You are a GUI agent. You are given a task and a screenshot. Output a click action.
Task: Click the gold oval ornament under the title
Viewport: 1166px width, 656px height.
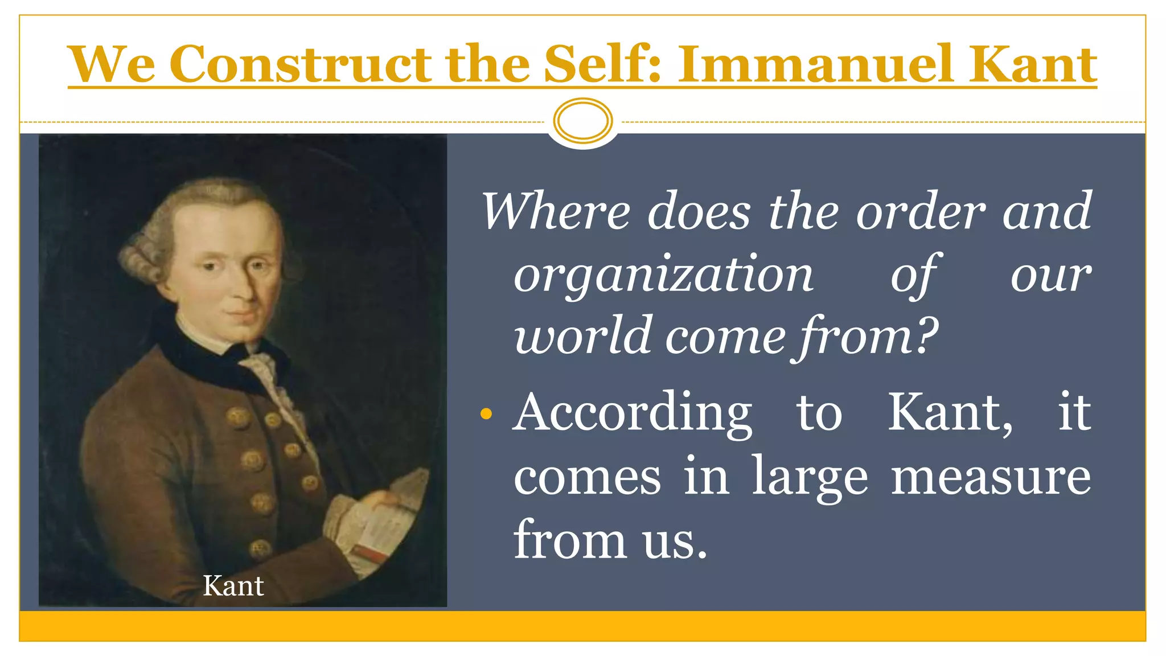(x=583, y=121)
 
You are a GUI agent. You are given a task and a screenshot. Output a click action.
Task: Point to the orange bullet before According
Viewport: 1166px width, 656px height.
(x=486, y=414)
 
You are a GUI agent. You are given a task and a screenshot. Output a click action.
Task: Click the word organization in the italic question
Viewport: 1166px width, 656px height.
(x=664, y=274)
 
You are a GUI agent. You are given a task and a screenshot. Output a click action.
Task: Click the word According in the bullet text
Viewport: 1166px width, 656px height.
(x=632, y=414)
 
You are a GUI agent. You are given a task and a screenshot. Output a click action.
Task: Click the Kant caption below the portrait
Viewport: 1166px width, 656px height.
(x=233, y=586)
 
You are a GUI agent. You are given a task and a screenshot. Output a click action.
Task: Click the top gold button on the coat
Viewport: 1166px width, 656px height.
(x=238, y=417)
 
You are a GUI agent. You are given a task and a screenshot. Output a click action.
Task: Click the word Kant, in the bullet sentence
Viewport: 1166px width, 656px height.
(x=950, y=414)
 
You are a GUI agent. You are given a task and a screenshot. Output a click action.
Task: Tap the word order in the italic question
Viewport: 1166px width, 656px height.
(x=921, y=212)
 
